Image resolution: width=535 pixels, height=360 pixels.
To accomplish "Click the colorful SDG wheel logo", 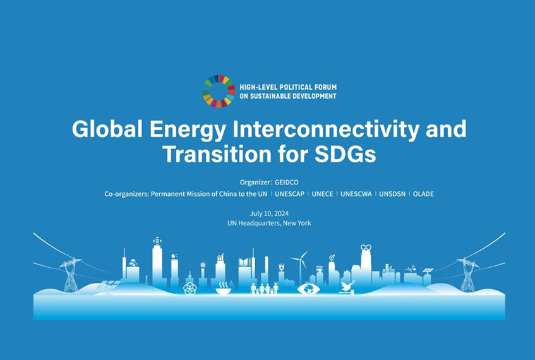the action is tap(219, 91).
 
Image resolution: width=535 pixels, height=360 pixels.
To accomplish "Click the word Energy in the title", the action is tap(188, 129).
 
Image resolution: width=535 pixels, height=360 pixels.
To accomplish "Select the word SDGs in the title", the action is tap(345, 154).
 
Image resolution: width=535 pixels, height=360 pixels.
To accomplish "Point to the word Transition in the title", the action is tap(217, 154).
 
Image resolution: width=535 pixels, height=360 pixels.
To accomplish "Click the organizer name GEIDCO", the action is tap(287, 183).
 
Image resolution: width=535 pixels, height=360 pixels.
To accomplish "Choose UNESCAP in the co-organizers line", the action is tap(290, 194).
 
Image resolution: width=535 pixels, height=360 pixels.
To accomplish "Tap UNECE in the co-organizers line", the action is tap(322, 194).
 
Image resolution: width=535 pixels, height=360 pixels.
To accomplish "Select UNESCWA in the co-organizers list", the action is tap(356, 194).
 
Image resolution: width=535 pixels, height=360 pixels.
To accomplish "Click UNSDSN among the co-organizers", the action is tap(392, 194).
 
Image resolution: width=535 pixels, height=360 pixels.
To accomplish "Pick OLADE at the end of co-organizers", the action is tap(423, 194).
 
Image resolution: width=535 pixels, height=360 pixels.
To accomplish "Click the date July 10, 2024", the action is tap(269, 213).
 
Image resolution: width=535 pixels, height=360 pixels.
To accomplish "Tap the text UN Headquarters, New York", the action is tap(269, 223).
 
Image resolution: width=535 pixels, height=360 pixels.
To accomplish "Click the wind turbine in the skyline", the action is tap(300, 265).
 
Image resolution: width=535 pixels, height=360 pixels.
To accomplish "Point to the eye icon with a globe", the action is tap(308, 289).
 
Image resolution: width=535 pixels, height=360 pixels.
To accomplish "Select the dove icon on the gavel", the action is tap(347, 287).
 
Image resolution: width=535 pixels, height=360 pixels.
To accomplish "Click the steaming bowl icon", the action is tap(223, 289).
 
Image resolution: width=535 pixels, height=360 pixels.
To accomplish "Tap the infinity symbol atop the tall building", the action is tap(366, 247).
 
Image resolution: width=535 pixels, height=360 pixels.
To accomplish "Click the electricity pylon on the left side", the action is tap(71, 275).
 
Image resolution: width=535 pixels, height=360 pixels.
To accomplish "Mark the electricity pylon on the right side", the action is tap(467, 274).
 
